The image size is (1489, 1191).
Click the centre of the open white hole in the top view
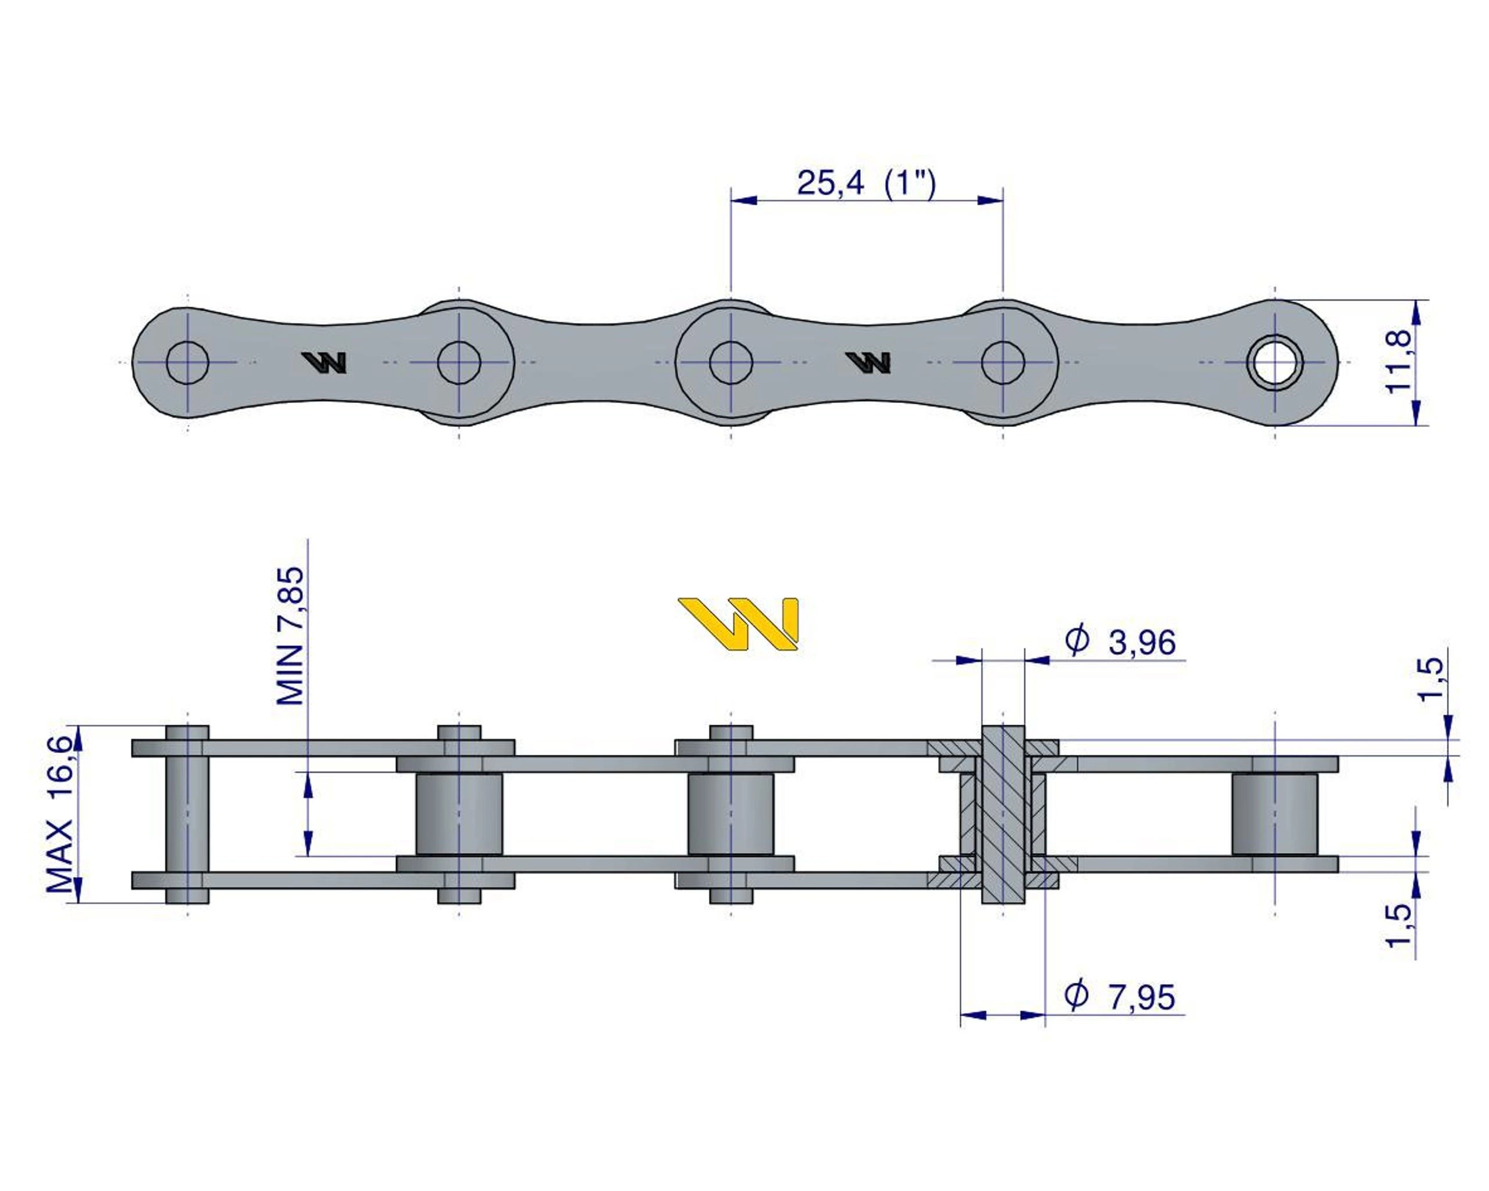click(1275, 362)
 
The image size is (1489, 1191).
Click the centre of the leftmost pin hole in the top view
click(187, 362)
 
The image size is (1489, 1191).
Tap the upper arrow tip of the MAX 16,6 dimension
click(78, 726)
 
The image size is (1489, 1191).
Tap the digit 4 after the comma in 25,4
click(854, 183)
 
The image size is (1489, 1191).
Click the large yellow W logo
click(738, 623)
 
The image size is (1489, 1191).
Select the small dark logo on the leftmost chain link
click(324, 362)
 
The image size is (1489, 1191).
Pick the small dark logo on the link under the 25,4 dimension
click(868, 362)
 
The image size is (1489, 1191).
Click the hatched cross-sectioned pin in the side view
click(1003, 815)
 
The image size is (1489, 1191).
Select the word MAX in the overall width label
click(59, 857)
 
